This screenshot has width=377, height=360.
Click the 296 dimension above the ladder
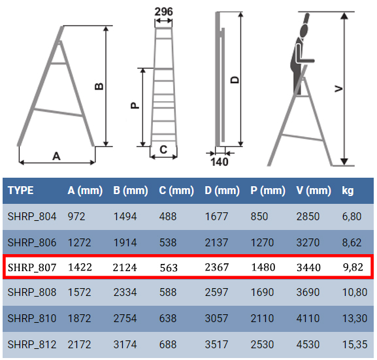(163, 12)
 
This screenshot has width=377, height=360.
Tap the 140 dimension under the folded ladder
(220, 162)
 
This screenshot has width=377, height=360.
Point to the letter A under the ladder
(56, 156)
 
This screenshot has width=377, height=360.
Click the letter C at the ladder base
(163, 150)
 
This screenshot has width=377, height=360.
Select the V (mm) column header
(314, 191)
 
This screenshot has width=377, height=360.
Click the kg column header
(348, 191)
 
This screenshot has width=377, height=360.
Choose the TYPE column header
(21, 191)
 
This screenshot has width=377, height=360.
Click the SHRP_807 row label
(32, 267)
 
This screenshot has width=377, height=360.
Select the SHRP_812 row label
(32, 344)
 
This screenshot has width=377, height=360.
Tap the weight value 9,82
(353, 267)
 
